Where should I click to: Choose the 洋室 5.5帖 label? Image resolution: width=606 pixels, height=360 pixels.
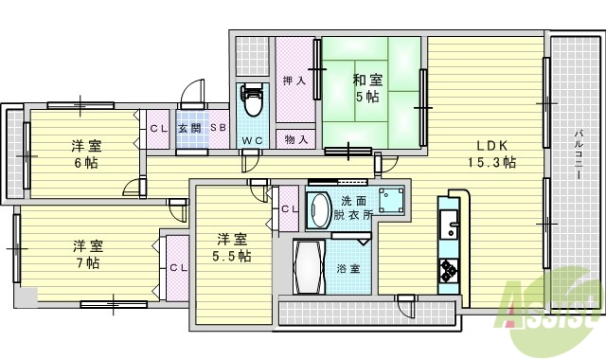231,247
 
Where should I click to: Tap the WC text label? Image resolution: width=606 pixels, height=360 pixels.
252,141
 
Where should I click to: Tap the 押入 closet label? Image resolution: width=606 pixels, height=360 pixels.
294,81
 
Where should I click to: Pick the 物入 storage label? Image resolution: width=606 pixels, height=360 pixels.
296,139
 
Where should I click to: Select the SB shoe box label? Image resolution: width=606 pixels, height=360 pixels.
218,128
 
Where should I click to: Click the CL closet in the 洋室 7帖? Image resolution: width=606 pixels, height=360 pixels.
177,268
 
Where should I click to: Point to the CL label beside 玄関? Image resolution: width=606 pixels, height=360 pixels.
157,128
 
